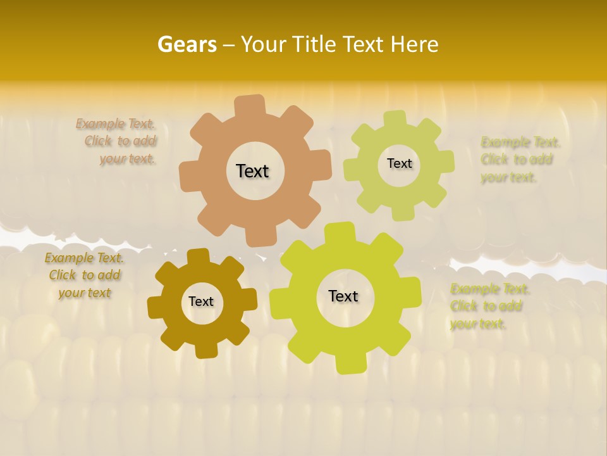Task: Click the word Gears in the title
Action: tap(187, 44)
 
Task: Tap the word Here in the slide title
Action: tap(414, 44)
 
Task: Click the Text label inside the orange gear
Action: tap(252, 171)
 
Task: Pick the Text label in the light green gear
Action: tap(399, 163)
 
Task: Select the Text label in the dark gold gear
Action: tap(201, 301)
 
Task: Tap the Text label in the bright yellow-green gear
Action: tap(343, 296)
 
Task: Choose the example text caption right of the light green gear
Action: tap(520, 159)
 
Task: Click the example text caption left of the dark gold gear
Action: tap(85, 275)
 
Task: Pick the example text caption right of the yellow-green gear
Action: tap(489, 306)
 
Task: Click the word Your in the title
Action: tap(261, 44)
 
